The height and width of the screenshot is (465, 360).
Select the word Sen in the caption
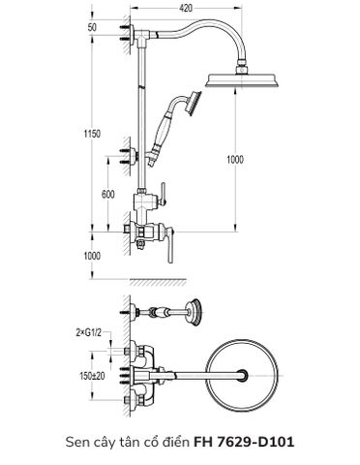pos(76,441)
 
